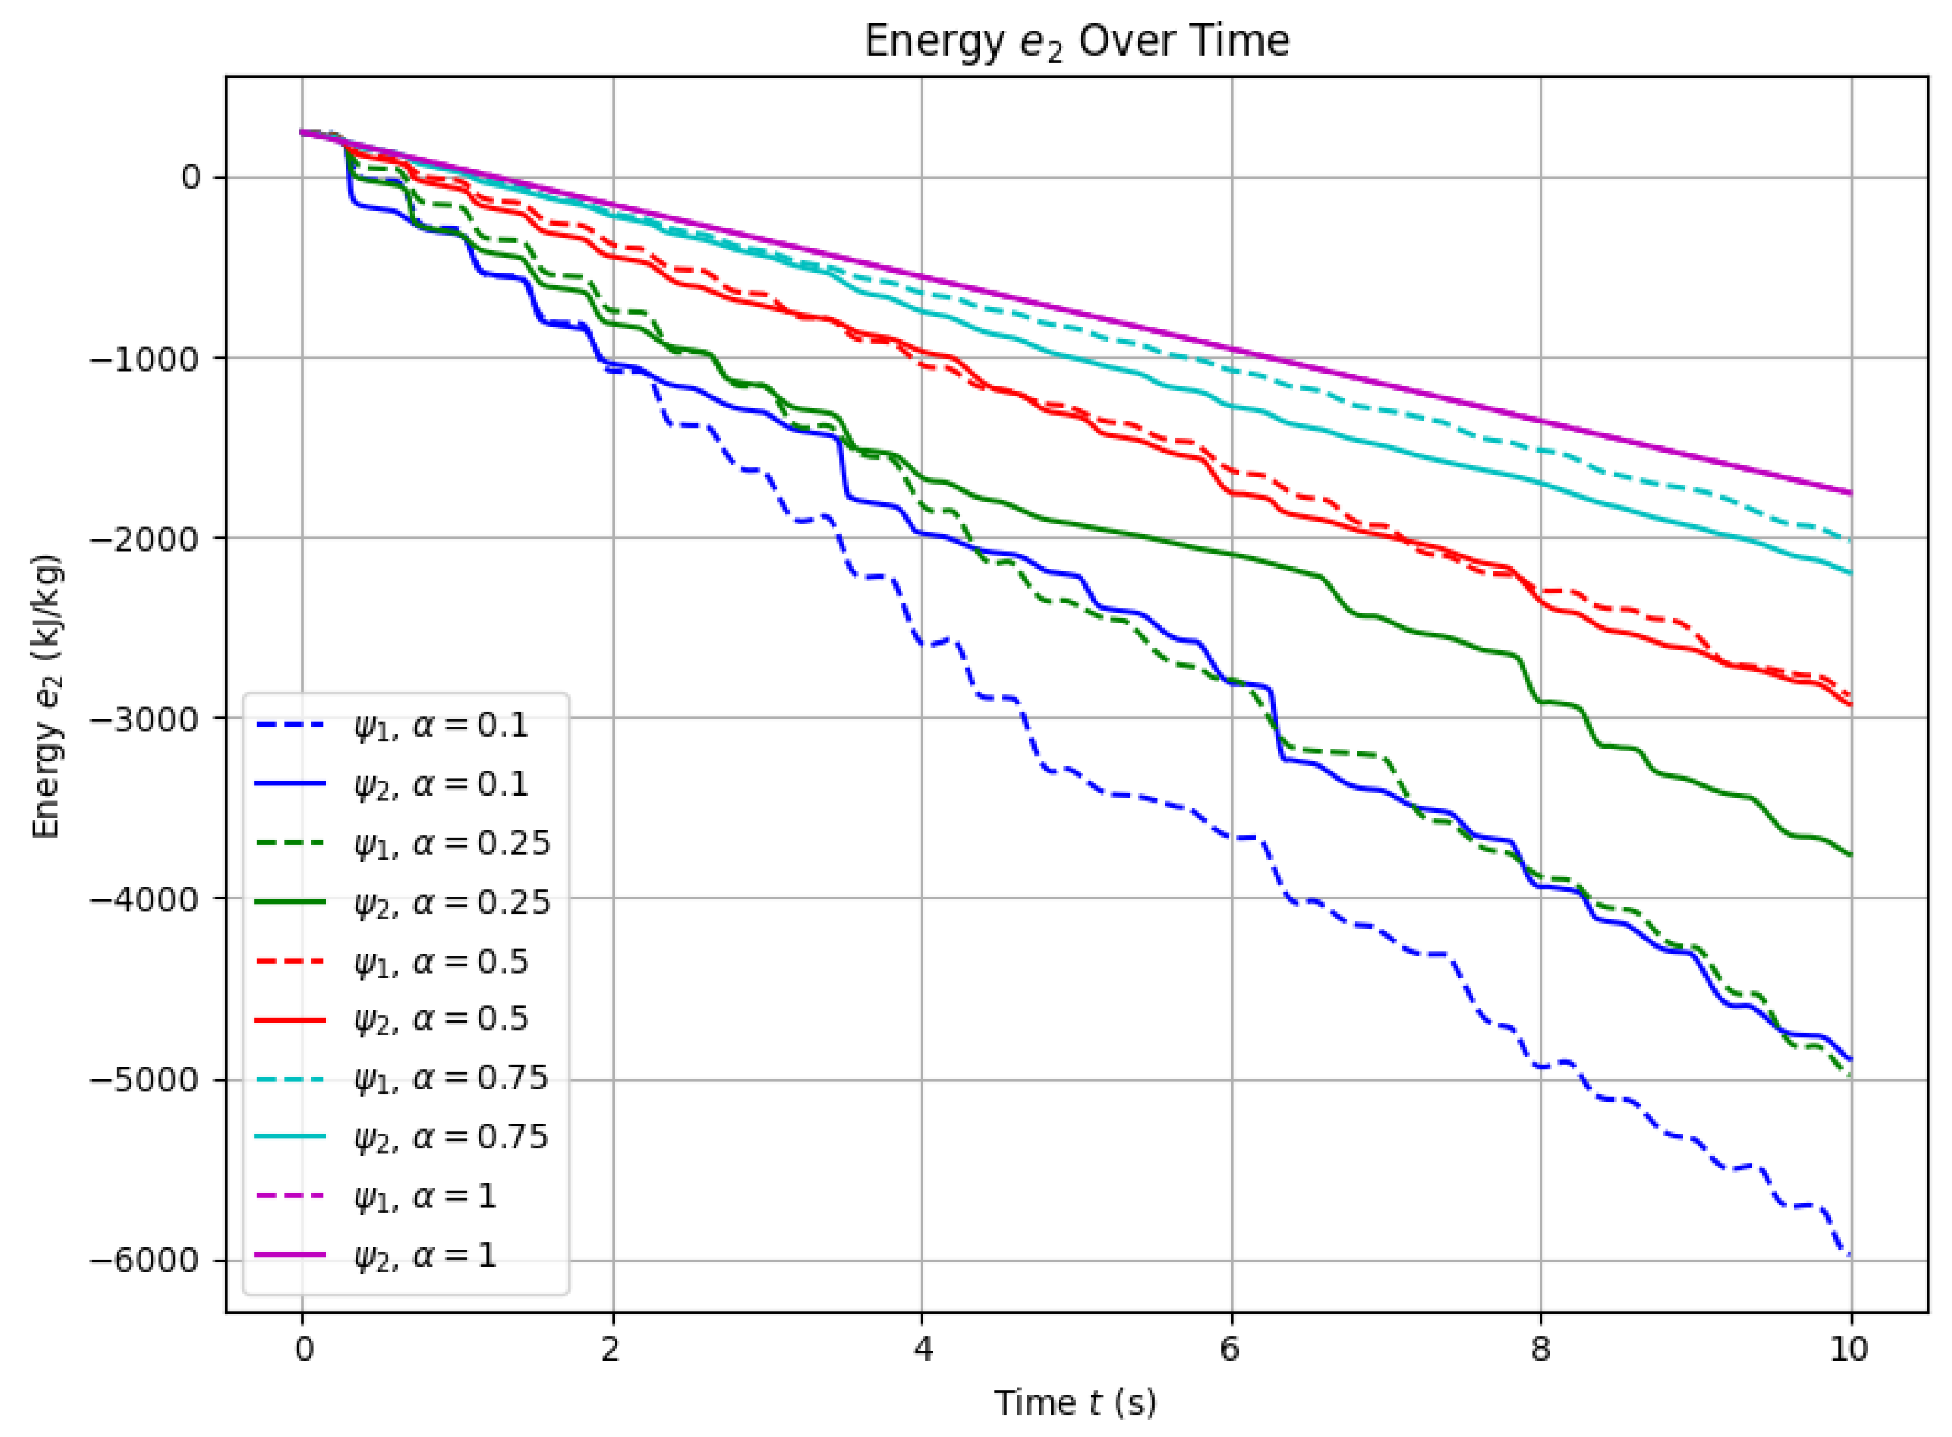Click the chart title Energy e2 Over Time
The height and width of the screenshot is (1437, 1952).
pos(1076,42)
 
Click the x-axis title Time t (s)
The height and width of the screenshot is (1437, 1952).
pos(1076,1402)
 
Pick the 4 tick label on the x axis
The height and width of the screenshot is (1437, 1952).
pos(922,1349)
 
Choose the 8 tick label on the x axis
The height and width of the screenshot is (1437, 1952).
pos(1541,1349)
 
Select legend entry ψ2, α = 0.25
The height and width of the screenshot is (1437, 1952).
pos(451,902)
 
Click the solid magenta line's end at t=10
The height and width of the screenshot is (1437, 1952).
pos(1850,494)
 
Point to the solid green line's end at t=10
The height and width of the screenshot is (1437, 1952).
pos(1850,856)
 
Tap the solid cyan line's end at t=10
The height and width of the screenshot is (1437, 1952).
pos(1850,573)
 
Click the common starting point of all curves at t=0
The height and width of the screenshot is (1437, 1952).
pos(302,132)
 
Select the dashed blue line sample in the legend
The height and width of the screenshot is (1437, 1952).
pos(291,725)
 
